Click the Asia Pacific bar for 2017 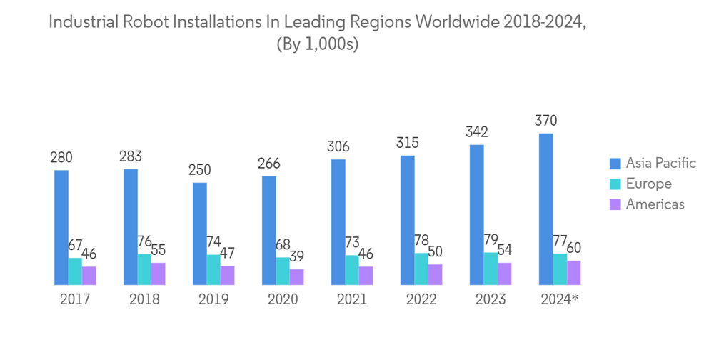(x=61, y=227)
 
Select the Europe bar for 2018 (x=144, y=269)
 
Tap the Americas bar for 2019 (x=227, y=275)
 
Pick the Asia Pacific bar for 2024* (x=546, y=209)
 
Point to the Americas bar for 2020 (x=296, y=276)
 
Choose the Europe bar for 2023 (x=491, y=269)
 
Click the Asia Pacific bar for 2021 (x=338, y=221)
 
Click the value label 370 (x=546, y=121)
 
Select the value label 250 (x=200, y=170)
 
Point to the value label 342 (x=477, y=132)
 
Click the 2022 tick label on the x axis (x=421, y=299)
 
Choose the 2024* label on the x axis (x=560, y=299)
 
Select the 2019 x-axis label (x=213, y=299)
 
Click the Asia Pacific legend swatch (x=614, y=163)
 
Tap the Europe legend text (x=648, y=184)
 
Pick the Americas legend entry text (x=655, y=204)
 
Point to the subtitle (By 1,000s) (x=316, y=44)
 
